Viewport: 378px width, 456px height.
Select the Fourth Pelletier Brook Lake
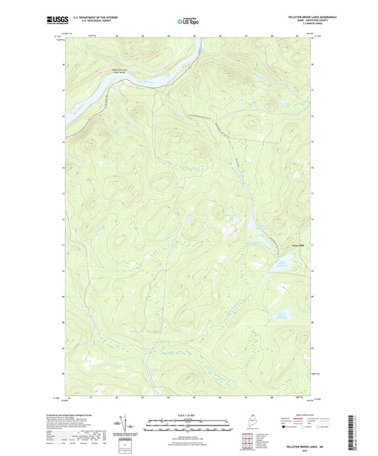282,316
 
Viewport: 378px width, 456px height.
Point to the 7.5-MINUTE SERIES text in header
298,28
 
